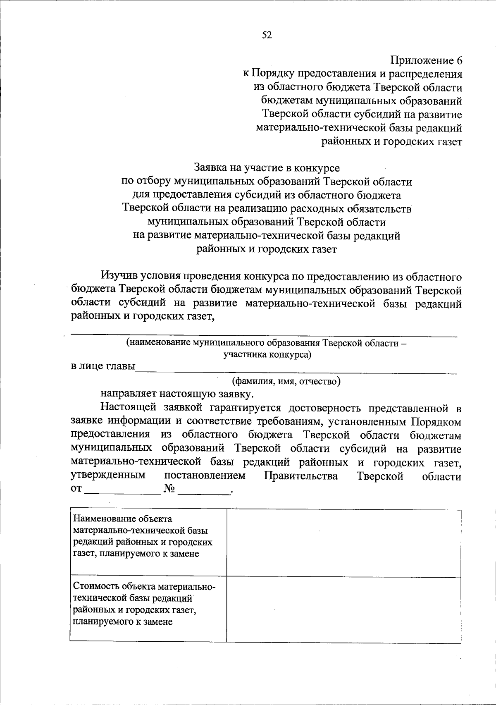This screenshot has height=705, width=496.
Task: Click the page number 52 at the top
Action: coord(267,35)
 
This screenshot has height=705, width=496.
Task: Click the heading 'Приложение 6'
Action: coord(426,61)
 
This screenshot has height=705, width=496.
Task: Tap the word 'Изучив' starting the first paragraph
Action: coord(119,276)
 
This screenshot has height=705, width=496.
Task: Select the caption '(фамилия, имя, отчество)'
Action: coord(286,381)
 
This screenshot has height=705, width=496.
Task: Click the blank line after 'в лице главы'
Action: coord(296,369)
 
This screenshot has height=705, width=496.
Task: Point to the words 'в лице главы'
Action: coord(103,366)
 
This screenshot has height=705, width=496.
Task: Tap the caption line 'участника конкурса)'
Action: coord(267,354)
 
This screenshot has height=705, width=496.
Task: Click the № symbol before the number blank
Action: coord(169,489)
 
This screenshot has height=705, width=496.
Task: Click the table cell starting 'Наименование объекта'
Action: coord(148,536)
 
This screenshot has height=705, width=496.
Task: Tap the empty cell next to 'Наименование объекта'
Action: coord(343,543)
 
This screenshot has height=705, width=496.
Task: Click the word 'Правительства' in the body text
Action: coord(300,476)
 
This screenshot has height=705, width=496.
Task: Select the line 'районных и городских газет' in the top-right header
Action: coord(391,142)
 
